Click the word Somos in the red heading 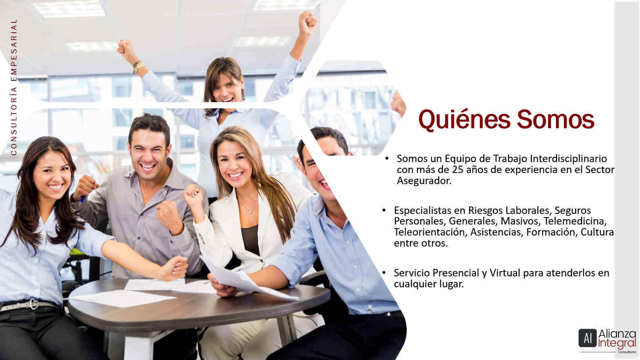tap(556, 120)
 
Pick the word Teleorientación tap(430, 232)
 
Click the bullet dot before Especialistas tap(384, 211)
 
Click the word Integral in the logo tap(617, 343)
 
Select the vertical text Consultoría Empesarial tap(14, 87)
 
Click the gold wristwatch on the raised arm tap(139, 67)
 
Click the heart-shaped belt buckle tap(33, 304)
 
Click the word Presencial tap(456, 273)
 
